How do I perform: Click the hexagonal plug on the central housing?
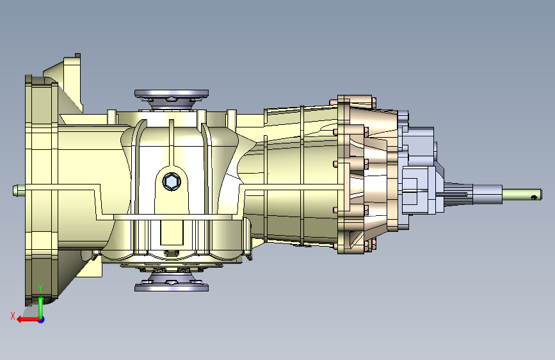172,182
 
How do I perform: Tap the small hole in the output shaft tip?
534,197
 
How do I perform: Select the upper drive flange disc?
172,94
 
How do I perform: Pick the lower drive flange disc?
172,286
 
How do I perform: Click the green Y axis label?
40,288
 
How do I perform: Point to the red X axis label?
13,316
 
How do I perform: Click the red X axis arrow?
28,320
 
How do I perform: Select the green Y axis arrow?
41,306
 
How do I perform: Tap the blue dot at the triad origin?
42,320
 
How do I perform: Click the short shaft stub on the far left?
19,190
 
